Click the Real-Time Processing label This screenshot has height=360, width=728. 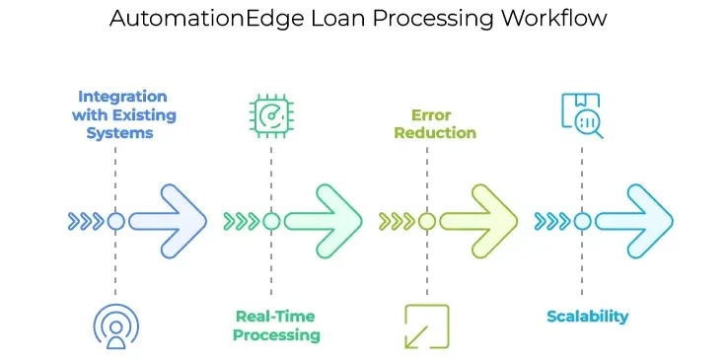277,325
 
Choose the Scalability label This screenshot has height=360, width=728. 588,317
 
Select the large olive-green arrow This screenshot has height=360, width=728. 478,221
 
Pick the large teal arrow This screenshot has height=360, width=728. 634,221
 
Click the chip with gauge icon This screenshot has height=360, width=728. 271,114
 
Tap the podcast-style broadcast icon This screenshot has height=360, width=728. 115,326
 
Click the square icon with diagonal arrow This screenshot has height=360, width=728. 426,326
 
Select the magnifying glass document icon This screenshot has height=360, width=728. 582,115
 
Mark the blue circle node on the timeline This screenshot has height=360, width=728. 115,221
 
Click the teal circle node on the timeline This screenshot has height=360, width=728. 582,221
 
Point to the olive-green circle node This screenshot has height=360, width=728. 426,221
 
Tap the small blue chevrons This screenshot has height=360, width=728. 86,221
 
